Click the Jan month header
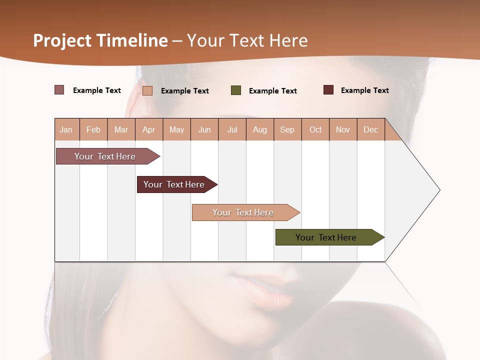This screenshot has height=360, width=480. [66, 129]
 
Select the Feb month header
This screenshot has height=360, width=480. [93, 129]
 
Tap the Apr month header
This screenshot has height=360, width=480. [148, 129]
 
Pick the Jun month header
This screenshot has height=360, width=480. [204, 129]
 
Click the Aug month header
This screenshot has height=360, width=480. [259, 129]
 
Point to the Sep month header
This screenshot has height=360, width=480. [287, 129]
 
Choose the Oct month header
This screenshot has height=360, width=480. [315, 129]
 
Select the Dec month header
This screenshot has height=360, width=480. [370, 129]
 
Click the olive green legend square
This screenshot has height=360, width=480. [236, 90]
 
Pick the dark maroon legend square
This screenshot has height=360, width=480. [328, 90]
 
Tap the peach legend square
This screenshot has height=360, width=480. [147, 90]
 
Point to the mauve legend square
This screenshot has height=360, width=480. [59, 90]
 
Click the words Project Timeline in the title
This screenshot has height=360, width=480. [100, 40]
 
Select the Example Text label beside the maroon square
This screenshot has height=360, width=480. [364, 90]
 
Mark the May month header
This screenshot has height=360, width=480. [176, 129]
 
